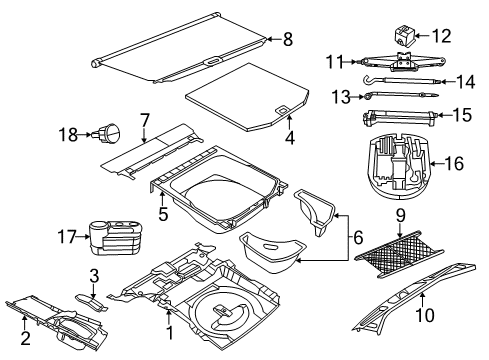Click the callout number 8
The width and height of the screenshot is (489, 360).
[287, 40]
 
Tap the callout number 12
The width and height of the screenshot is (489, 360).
[441, 36]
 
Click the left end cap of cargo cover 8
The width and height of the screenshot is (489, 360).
[98, 63]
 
